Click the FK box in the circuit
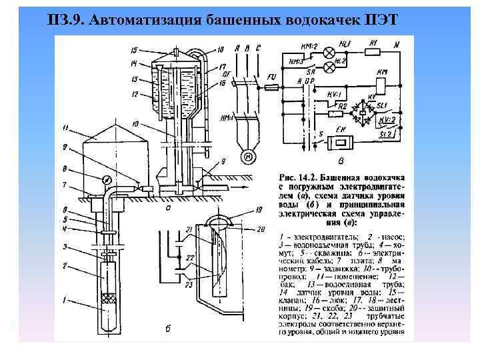coord(345,142)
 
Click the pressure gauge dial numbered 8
coord(105,179)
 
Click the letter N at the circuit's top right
coord(397,45)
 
